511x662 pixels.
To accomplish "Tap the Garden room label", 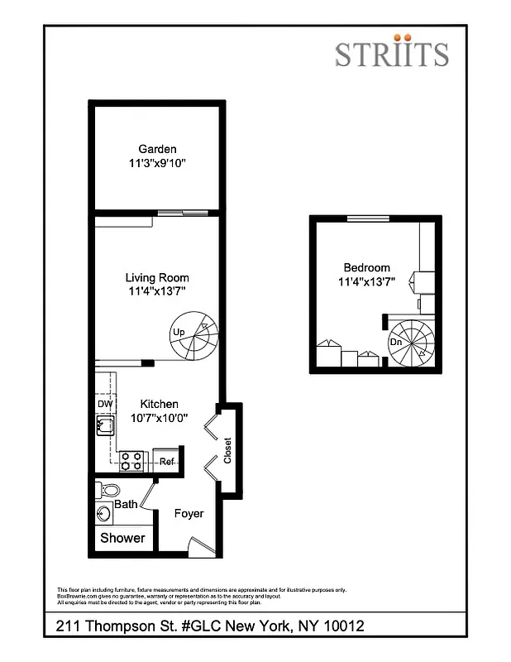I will pyautogui.click(x=157, y=149).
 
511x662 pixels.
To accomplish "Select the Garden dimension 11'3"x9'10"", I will pyautogui.click(x=157, y=163).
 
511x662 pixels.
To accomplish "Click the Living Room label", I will pyautogui.click(x=157, y=278).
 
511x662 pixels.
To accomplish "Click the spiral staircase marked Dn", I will pyautogui.click(x=412, y=342).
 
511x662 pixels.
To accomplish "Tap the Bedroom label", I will pyautogui.click(x=366, y=267).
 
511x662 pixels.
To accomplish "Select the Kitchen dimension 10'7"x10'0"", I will pyautogui.click(x=159, y=418).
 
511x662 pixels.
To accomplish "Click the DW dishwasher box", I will pyautogui.click(x=104, y=404).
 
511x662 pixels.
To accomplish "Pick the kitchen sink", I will pyautogui.click(x=105, y=427).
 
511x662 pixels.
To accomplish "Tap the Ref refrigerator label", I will pyautogui.click(x=166, y=462).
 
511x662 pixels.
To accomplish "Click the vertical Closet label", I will pyautogui.click(x=228, y=452).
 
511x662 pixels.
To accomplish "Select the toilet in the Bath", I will pyautogui.click(x=108, y=490).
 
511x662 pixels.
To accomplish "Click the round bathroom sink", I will pyautogui.click(x=104, y=514).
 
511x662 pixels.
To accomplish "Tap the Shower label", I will pyautogui.click(x=122, y=538).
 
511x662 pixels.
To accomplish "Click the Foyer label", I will pyautogui.click(x=189, y=514).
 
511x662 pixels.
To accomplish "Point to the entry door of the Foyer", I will pyautogui.click(x=201, y=546).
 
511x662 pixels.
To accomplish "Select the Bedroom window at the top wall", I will pyautogui.click(x=367, y=218).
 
